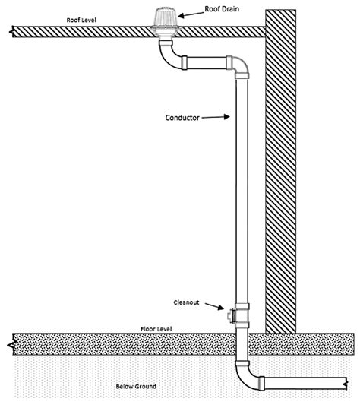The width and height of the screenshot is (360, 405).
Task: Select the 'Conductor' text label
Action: click(182, 118)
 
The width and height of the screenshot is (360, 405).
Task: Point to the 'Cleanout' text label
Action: click(188, 302)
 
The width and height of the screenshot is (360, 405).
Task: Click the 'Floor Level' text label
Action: click(156, 328)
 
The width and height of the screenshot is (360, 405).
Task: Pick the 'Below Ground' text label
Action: click(136, 387)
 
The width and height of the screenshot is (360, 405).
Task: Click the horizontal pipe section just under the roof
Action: click(206, 63)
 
